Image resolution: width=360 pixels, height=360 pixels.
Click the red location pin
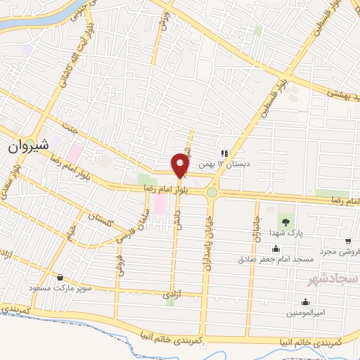point(181,165)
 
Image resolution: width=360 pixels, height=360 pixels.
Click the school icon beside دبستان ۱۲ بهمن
point(224,153)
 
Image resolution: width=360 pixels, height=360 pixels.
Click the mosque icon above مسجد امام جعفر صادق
point(275,248)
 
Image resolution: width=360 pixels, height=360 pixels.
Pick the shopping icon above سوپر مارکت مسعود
point(60,278)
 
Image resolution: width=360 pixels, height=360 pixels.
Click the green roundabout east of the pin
point(212,191)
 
